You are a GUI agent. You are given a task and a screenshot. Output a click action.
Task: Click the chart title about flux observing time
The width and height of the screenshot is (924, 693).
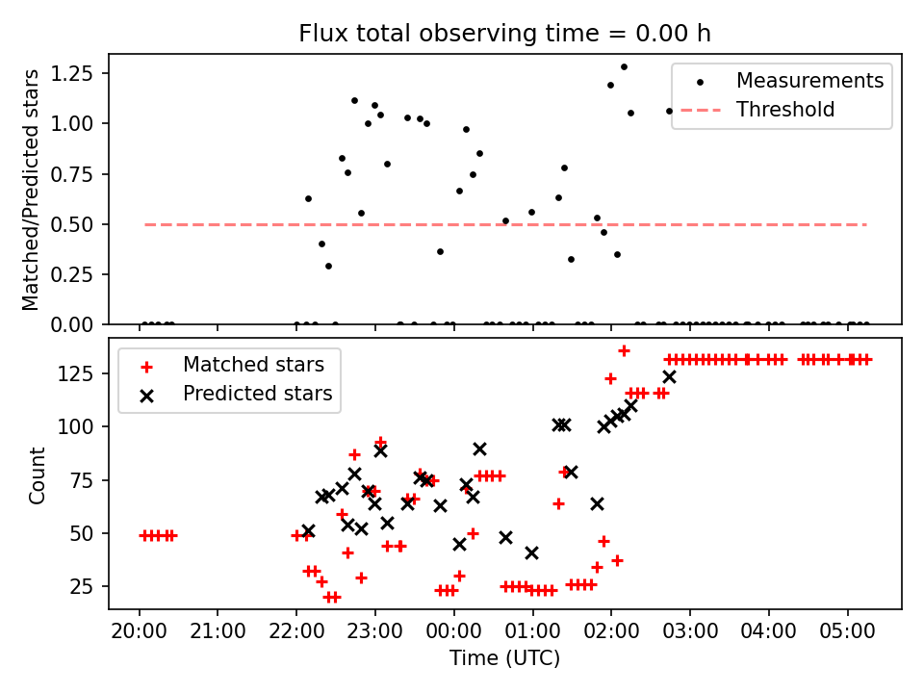(505, 34)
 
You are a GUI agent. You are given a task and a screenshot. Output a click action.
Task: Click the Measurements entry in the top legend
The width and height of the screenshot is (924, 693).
(809, 81)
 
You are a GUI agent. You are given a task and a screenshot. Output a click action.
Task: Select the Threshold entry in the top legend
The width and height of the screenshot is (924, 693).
(785, 110)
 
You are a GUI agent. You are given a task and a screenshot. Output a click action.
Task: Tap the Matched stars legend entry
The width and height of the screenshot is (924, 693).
(253, 365)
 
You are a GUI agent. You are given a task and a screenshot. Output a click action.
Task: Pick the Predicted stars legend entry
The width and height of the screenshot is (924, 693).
(257, 394)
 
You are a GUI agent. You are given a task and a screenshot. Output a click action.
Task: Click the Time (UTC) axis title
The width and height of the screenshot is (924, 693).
(505, 659)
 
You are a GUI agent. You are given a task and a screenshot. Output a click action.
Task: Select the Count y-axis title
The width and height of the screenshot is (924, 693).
(38, 475)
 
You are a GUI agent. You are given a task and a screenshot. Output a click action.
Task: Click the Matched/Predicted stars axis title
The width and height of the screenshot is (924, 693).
(32, 190)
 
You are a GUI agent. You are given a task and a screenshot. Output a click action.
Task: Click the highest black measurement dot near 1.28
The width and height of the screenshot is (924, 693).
(624, 67)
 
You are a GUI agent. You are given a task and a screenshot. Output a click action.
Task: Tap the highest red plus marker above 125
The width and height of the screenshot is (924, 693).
(624, 350)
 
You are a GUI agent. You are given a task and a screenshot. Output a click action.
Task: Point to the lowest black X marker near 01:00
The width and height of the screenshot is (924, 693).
(531, 552)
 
